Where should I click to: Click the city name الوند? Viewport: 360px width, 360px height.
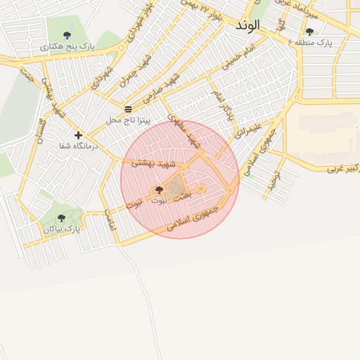point(248,25)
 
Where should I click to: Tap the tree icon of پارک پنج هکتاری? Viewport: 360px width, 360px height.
point(67,34)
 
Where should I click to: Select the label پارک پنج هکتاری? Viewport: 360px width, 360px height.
point(67,46)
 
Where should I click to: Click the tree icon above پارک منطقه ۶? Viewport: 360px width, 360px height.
point(309,32)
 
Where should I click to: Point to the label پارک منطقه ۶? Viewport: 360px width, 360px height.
point(309,43)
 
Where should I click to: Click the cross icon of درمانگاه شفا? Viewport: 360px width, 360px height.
point(78,135)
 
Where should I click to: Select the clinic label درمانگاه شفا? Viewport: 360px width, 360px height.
point(78,146)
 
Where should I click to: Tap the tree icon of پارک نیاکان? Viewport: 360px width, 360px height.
point(61,218)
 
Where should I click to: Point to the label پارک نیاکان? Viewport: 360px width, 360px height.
point(61,229)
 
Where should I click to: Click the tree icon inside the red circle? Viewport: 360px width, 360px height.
point(158,190)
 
